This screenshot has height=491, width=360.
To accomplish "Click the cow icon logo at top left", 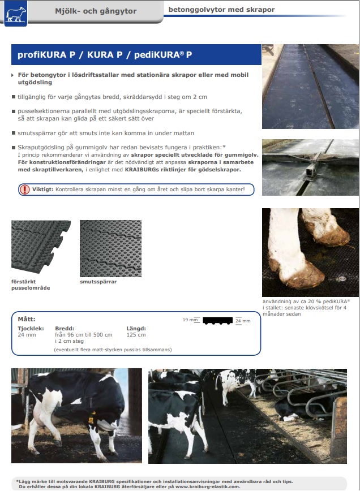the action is coord(16,13).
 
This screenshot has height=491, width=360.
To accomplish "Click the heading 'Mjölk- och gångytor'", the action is coord(96,11).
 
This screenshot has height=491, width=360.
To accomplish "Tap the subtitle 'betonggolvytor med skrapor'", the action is coord(221,10).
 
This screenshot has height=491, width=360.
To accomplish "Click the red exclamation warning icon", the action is coord(24,189).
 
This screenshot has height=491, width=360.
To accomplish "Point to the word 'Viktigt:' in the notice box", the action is coord(43,189).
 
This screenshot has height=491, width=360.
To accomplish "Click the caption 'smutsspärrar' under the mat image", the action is coord(98,282).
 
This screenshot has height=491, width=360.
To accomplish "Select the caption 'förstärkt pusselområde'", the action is coord(31,285).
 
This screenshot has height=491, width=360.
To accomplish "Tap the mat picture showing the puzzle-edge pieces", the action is coord(41,247).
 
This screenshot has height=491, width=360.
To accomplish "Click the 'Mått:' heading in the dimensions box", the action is coord(26,319).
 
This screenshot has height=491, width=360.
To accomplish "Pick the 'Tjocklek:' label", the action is coord(31,329).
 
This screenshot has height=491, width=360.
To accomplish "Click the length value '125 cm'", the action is coord(136,335).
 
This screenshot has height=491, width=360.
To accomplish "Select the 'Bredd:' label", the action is coord(65,329).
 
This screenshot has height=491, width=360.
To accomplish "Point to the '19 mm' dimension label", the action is coord(190,320).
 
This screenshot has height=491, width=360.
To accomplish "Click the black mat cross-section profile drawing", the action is coord(218,321).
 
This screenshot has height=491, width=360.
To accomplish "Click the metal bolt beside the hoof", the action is coord(342,278).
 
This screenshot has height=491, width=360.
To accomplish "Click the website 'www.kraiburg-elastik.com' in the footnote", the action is coord(208,486).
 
